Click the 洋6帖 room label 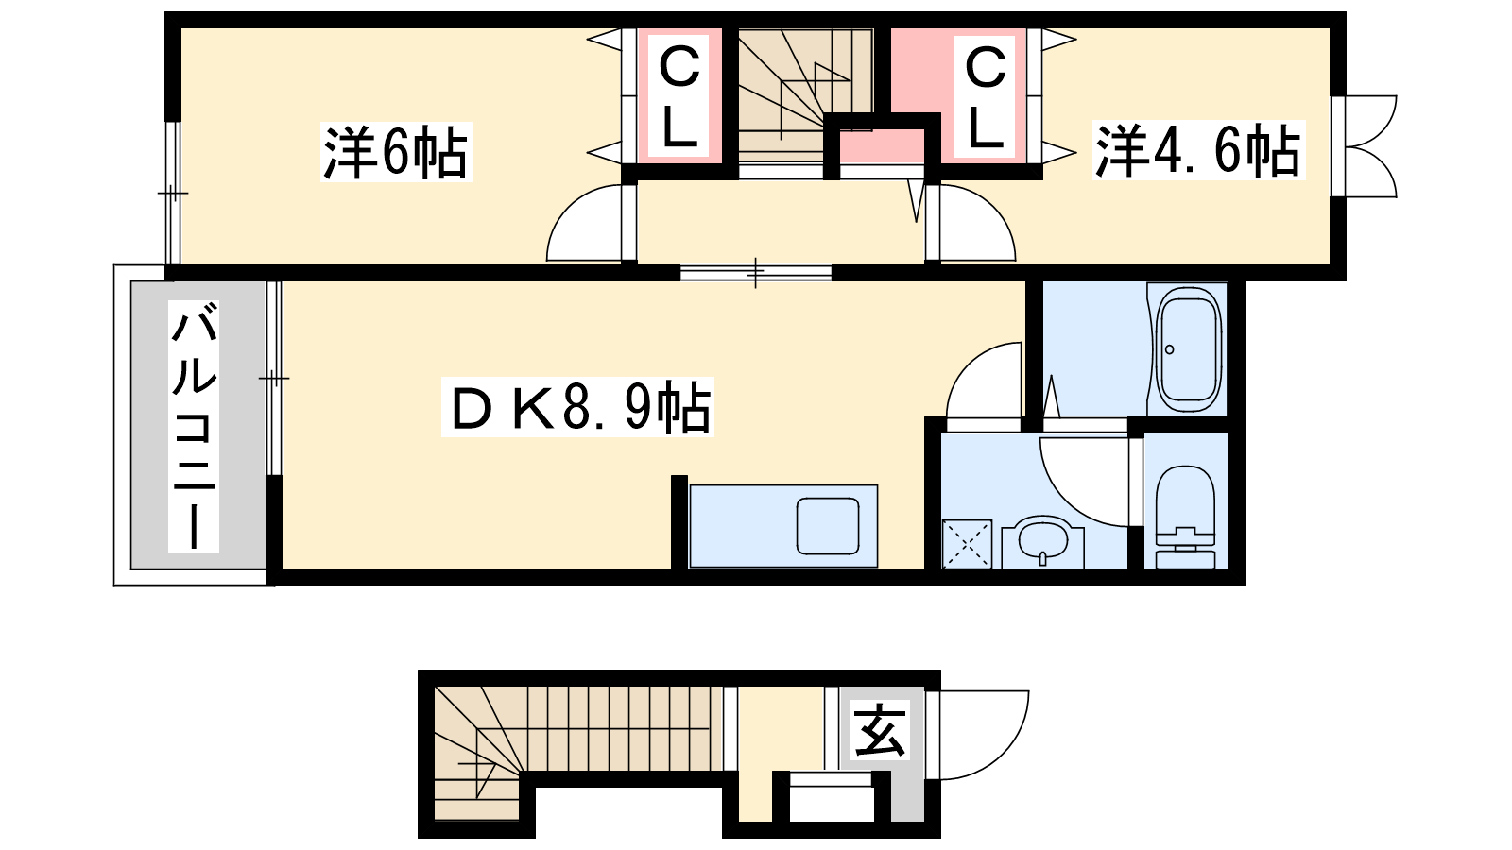[x=396, y=152]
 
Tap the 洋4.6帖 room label [x=1199, y=150]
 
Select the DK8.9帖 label [x=577, y=407]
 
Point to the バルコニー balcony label [x=194, y=426]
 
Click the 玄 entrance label [x=880, y=730]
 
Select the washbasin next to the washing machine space [x=1043, y=542]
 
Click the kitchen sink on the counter [x=828, y=526]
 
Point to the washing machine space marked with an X [x=967, y=544]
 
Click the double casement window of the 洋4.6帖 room [x=1364, y=146]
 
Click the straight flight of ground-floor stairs [x=625, y=728]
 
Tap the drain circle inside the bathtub [x=1170, y=349]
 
